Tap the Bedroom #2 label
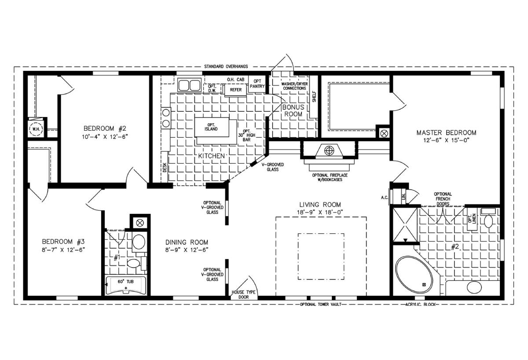pos(105,129)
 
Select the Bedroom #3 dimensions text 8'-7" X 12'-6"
pos(63,250)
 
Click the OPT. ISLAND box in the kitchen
pos(212,127)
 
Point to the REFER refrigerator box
pos(235,90)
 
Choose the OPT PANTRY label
pos(257,84)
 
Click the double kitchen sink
pos(189,85)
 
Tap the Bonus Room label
pos(293,110)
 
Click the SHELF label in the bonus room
pos(314,97)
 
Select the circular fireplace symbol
pos(329,151)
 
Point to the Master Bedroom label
pos(446,132)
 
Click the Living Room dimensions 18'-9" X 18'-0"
pos(320,212)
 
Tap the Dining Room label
pos(187,242)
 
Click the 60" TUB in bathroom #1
pos(126,286)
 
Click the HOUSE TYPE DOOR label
pos(243,295)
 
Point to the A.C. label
pos(385,198)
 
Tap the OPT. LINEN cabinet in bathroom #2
pos(472,219)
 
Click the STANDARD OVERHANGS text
pos(226,66)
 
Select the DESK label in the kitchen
pos(165,167)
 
